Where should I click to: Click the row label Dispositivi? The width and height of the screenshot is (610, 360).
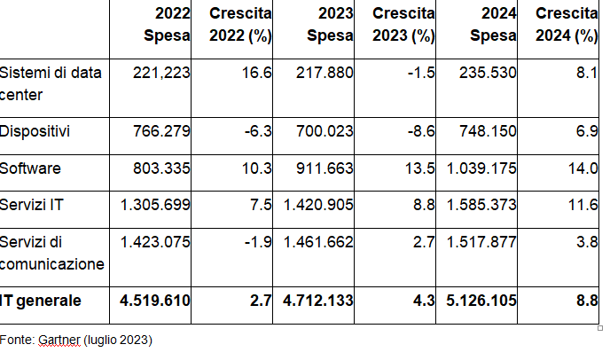[35, 131]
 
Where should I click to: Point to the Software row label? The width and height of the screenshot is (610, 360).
[30, 168]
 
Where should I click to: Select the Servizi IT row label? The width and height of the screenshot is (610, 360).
[31, 205]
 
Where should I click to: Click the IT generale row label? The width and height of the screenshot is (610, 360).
[41, 301]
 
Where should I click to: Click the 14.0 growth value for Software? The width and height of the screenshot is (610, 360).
[584, 168]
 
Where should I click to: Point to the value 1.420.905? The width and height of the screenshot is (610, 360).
[318, 205]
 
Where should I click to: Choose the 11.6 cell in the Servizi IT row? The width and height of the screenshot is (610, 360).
[584, 205]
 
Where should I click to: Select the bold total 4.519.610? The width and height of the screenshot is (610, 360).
[155, 301]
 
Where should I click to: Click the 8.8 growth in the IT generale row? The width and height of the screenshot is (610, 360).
[588, 301]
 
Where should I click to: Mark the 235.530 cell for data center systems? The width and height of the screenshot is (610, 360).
[488, 73]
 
